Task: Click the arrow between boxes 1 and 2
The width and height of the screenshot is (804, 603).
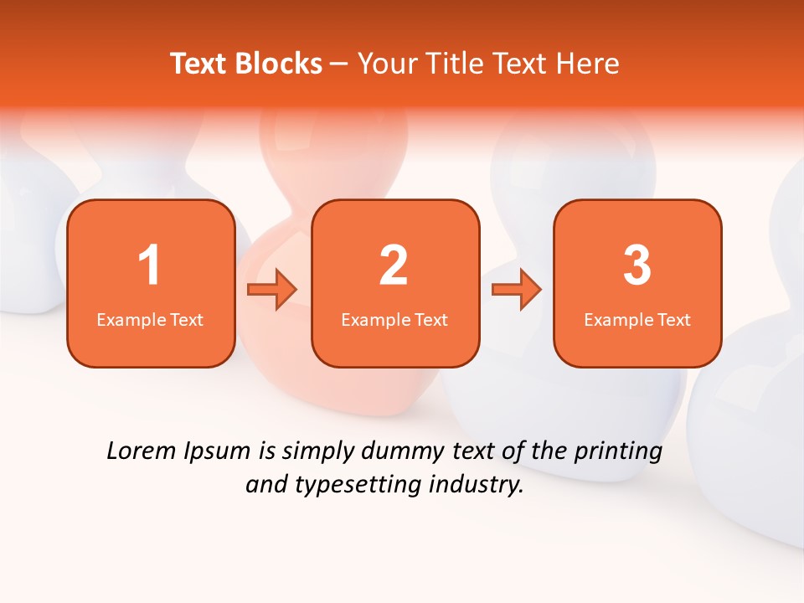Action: tap(272, 290)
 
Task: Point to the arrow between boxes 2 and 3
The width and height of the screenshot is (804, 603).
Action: tap(516, 290)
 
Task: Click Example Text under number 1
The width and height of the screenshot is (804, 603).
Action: tap(150, 320)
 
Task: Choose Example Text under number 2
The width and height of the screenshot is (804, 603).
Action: tap(394, 320)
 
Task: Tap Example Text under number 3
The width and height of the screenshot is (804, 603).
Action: tap(637, 320)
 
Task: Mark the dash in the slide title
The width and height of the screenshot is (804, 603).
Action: tap(339, 64)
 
